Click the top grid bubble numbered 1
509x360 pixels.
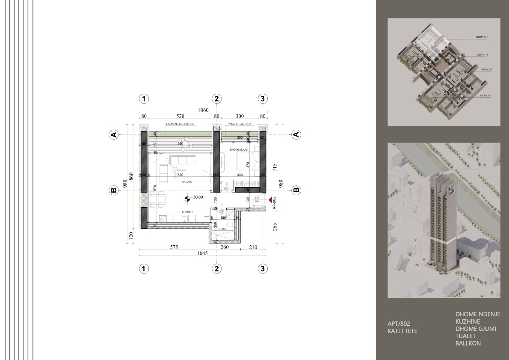click(145, 98)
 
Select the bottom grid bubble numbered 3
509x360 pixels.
click(263, 268)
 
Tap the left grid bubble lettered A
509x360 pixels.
click(113, 134)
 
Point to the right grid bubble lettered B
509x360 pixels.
click(296, 190)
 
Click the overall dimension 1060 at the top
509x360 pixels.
click(203, 110)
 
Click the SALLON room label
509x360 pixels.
click(187, 182)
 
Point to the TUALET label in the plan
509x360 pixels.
click(222, 229)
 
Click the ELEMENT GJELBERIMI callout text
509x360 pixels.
click(180, 124)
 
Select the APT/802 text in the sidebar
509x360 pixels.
click(399, 324)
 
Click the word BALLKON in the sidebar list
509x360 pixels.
click(468, 343)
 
